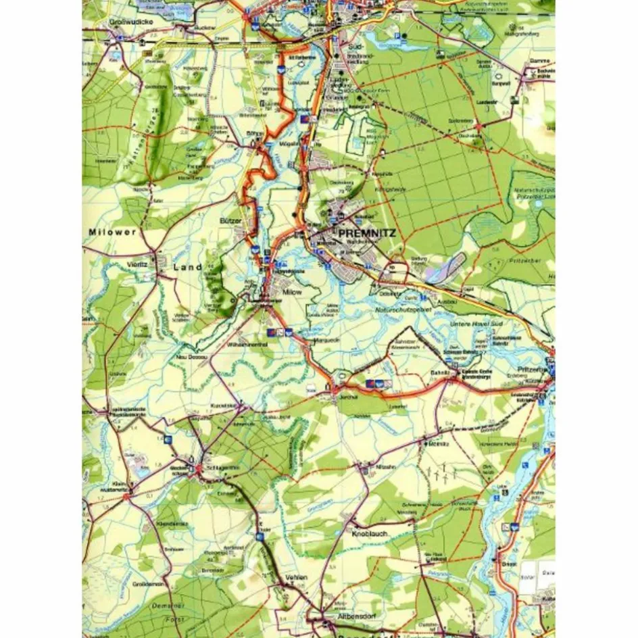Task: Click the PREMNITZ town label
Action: click(368, 233)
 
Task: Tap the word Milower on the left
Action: click(112, 231)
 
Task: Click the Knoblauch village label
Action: click(369, 533)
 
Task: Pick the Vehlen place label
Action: click(297, 577)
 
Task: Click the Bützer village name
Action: click(230, 220)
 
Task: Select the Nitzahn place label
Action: click(385, 467)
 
